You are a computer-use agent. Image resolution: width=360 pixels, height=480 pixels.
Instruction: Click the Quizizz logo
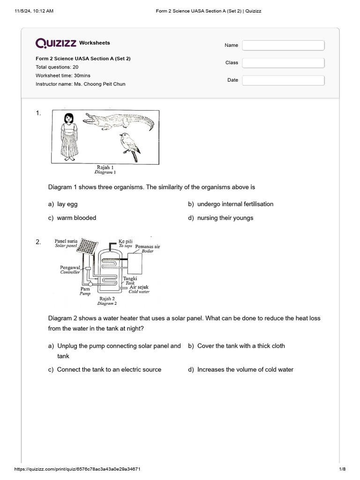(56, 43)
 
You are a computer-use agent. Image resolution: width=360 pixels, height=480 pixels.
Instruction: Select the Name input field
(283, 45)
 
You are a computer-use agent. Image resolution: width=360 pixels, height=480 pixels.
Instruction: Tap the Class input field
(283, 63)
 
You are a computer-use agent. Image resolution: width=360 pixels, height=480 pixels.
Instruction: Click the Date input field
(283, 80)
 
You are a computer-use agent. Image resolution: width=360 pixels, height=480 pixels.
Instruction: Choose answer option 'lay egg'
(67, 204)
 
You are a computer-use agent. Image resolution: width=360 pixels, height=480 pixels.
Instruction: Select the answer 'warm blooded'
(76, 218)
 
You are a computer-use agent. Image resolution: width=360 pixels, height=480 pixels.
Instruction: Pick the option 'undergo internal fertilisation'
(235, 204)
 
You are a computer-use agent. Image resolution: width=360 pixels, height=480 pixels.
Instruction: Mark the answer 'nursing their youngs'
(225, 218)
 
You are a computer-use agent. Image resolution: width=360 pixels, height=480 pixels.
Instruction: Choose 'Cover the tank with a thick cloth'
(241, 346)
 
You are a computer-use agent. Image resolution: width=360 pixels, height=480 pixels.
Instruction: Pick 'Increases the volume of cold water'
(245, 369)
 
